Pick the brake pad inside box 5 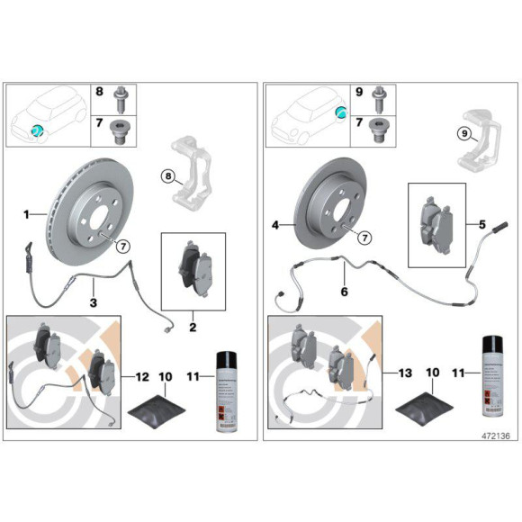pos(437,225)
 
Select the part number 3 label pos(93,303)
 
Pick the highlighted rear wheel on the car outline pos(341,112)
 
